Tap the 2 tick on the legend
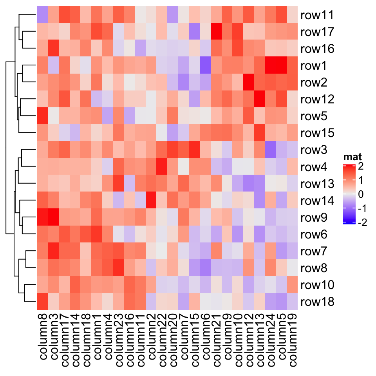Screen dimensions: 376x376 pyautogui.click(x=361, y=166)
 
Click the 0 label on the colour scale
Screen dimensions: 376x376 pyautogui.click(x=361, y=194)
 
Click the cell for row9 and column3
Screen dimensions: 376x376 pyautogui.click(x=53, y=218)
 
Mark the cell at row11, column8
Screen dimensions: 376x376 pyautogui.click(x=42, y=16)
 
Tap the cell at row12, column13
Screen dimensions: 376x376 pyautogui.click(x=259, y=100)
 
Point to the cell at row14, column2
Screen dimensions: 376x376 pyautogui.click(x=151, y=201)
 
